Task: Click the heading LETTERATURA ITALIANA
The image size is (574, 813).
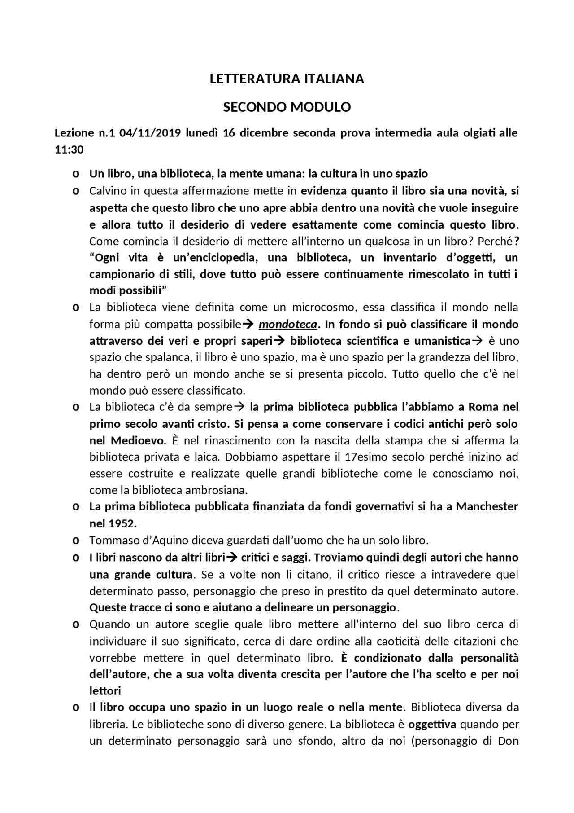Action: click(x=287, y=79)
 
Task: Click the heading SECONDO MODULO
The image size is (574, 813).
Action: click(x=287, y=107)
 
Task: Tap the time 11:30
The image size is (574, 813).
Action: click(x=69, y=150)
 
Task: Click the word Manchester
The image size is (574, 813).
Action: click(x=487, y=506)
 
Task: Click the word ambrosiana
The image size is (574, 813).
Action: click(x=212, y=490)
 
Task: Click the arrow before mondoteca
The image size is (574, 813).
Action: click(x=248, y=324)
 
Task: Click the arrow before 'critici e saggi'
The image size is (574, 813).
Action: click(x=231, y=558)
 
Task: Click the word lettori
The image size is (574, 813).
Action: click(x=105, y=691)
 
